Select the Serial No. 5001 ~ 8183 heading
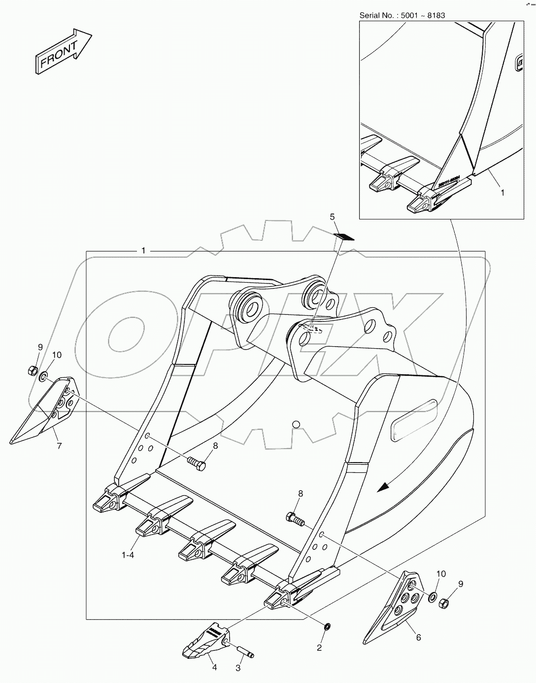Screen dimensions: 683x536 402,15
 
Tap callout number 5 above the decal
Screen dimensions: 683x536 332,216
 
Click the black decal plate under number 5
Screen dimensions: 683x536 344,236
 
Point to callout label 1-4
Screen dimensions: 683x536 128,555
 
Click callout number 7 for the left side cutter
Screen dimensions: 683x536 59,446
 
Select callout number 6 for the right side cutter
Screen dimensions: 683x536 418,637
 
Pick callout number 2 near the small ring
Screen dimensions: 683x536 319,647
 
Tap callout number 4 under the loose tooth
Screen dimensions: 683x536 214,668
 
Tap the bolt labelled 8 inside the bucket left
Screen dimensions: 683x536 197,464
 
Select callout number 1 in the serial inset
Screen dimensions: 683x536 502,193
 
